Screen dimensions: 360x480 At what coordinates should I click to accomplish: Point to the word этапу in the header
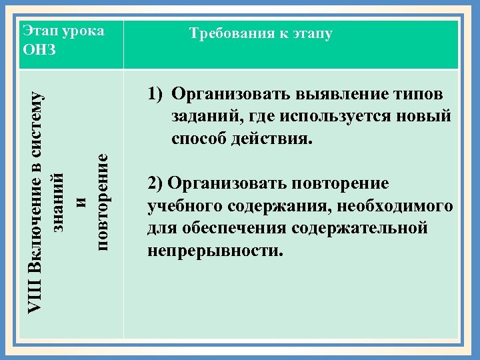tap(311, 33)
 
